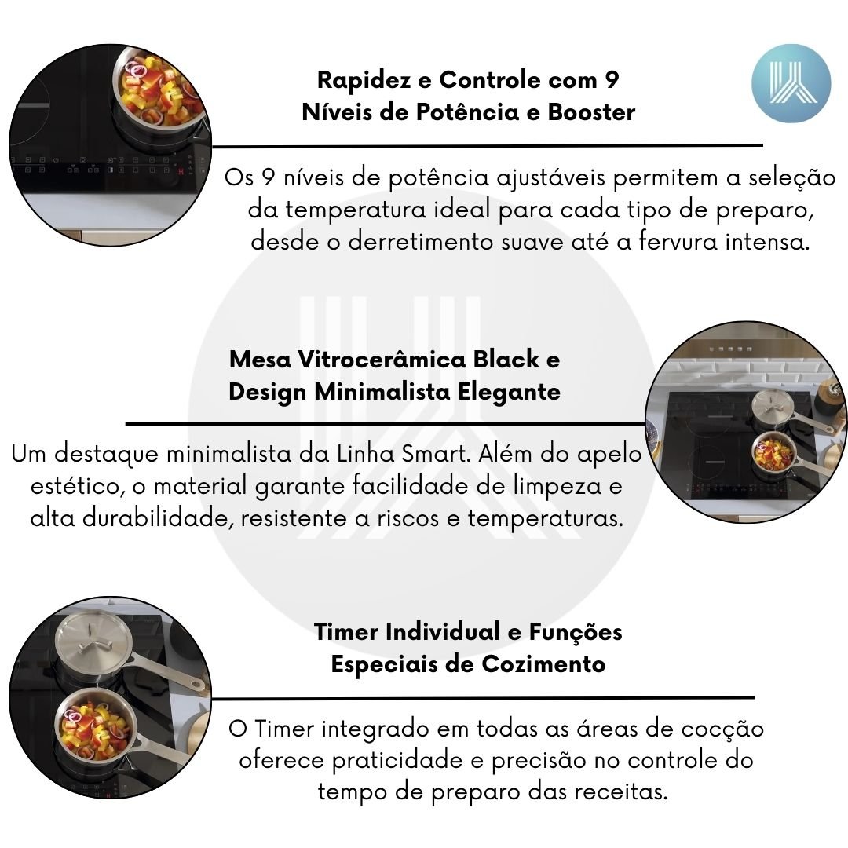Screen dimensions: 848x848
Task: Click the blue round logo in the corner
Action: (791, 83)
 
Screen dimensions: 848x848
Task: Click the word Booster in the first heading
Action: (591, 112)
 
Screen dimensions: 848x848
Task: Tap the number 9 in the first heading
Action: (611, 80)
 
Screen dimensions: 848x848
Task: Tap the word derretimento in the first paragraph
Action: (421, 241)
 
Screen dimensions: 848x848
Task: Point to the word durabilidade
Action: (157, 518)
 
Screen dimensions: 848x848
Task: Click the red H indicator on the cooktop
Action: (181, 171)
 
